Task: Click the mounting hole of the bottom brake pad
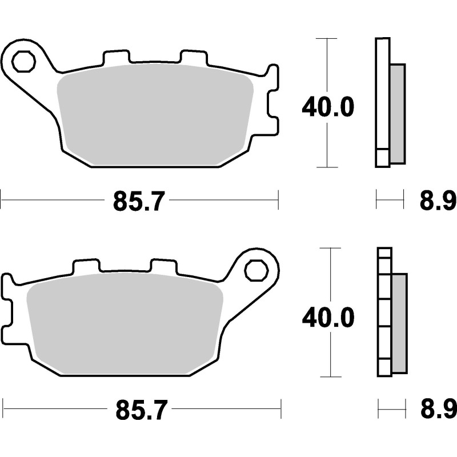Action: pyautogui.click(x=256, y=270)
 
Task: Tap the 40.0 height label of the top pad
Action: pyautogui.click(x=328, y=107)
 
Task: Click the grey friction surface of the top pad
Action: pyautogui.click(x=154, y=114)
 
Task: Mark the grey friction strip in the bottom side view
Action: pyautogui.click(x=399, y=323)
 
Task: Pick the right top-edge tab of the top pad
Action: pyautogui.click(x=193, y=57)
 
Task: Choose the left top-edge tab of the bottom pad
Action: pyautogui.click(x=86, y=266)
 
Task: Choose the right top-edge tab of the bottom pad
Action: pyautogui.click(x=163, y=266)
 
